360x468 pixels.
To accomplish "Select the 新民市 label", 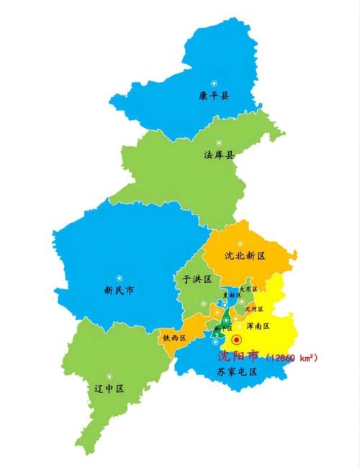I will pyautogui.click(x=120, y=291).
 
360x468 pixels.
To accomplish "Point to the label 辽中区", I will pyautogui.click(x=109, y=388).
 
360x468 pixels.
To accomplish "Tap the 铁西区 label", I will pyautogui.click(x=174, y=337).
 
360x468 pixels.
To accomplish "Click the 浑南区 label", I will pyautogui.click(x=257, y=326).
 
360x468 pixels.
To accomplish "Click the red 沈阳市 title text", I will pyautogui.click(x=239, y=356).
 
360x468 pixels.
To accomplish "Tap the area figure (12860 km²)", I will pyautogui.click(x=291, y=356).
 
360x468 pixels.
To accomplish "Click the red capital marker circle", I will pyautogui.click(x=237, y=339).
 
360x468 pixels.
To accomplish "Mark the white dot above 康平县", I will pyautogui.click(x=213, y=82).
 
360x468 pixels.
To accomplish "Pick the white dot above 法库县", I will pyautogui.click(x=220, y=142).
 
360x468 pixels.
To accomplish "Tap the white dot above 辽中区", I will pyautogui.click(x=109, y=375).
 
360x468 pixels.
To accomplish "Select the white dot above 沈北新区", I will pyautogui.click(x=241, y=243).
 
